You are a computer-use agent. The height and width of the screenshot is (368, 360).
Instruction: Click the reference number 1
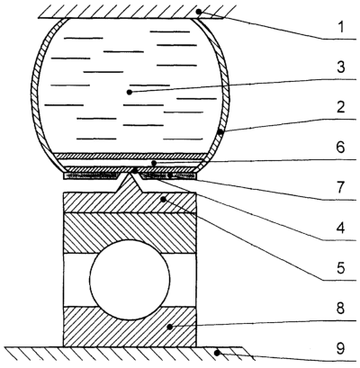340,27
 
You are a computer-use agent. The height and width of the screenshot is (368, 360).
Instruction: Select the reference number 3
341,67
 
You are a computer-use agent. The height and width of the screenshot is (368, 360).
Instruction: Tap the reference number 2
341,107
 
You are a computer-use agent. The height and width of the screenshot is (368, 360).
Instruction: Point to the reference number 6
341,148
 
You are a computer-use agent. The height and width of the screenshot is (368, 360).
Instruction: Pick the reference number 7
341,188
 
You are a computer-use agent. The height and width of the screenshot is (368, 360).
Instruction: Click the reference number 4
341,228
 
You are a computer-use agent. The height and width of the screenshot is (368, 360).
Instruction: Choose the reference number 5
341,268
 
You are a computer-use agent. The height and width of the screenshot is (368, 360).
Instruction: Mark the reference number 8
341,308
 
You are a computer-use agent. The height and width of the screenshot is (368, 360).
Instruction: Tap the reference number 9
341,348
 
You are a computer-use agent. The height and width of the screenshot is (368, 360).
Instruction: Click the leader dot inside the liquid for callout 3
130,92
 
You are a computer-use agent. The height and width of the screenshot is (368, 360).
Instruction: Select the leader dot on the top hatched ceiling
199,12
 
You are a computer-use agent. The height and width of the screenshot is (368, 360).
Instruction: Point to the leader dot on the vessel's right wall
220,131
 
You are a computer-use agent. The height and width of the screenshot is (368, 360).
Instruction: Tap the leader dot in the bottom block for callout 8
170,327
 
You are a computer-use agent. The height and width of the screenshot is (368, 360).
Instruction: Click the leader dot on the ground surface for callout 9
218,353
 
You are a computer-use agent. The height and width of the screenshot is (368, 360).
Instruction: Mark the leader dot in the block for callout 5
163,199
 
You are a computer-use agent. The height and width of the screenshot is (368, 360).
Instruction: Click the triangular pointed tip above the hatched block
130,174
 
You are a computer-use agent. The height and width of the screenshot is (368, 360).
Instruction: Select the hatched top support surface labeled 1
130,12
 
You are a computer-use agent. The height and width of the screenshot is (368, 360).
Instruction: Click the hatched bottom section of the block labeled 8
130,327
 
